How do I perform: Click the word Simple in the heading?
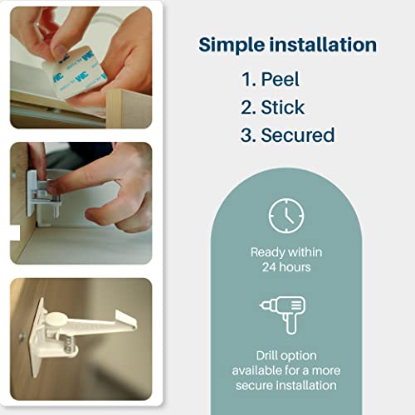[232, 45]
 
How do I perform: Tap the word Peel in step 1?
[280, 80]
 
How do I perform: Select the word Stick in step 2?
[282, 107]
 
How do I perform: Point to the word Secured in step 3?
[298, 135]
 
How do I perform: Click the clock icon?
[286, 216]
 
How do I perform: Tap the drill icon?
[283, 315]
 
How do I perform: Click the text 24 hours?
[286, 267]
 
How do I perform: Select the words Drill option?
[286, 356]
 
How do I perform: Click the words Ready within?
[286, 252]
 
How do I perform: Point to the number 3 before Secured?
[247, 135]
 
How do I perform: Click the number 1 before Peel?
[247, 80]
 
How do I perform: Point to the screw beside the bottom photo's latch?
[21, 338]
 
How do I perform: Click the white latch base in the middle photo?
[32, 193]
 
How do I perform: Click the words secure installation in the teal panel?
[286, 385]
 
